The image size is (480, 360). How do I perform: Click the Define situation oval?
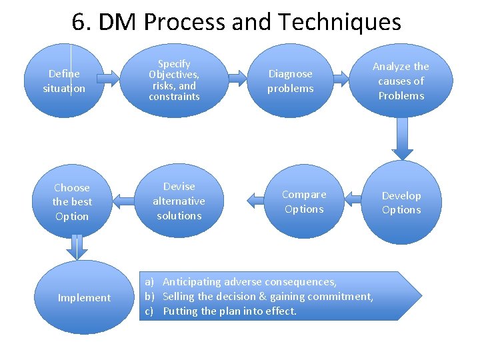(64, 81)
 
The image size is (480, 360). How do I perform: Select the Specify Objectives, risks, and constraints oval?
(175, 80)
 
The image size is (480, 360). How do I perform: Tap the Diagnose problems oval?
(290, 81)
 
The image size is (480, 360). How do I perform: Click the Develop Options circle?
(401, 203)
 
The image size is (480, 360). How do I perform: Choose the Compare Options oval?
(303, 201)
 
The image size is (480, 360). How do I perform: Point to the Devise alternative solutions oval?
(179, 201)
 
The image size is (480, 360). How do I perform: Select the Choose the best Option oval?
(72, 201)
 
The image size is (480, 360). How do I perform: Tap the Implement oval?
(85, 297)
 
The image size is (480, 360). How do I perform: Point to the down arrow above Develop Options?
(403, 138)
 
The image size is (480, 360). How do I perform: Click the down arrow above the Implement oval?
(79, 248)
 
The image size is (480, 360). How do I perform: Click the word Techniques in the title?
(339, 23)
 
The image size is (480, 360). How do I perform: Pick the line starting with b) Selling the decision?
(267, 297)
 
